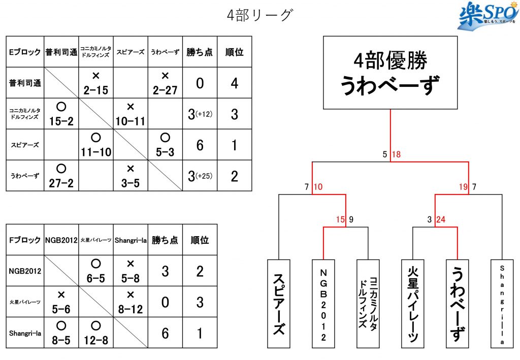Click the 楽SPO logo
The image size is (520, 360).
pos(486,17)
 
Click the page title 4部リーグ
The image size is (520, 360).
pos(259,15)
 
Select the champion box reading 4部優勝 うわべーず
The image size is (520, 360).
pos(390,73)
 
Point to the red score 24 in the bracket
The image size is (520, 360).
pos(441,220)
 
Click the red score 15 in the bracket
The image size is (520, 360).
pos(340,220)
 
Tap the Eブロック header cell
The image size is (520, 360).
pos(25,52)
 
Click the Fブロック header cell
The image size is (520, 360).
pos(25,240)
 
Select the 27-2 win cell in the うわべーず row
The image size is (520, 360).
pos(61,176)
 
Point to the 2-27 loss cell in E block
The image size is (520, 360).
pos(165,83)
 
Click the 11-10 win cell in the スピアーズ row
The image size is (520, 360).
pos(96,145)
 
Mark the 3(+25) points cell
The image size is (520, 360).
pos(200,176)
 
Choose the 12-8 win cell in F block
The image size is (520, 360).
pos(96,333)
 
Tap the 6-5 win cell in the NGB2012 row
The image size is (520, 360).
pos(96,271)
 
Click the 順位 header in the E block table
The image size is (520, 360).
pos(234,52)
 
